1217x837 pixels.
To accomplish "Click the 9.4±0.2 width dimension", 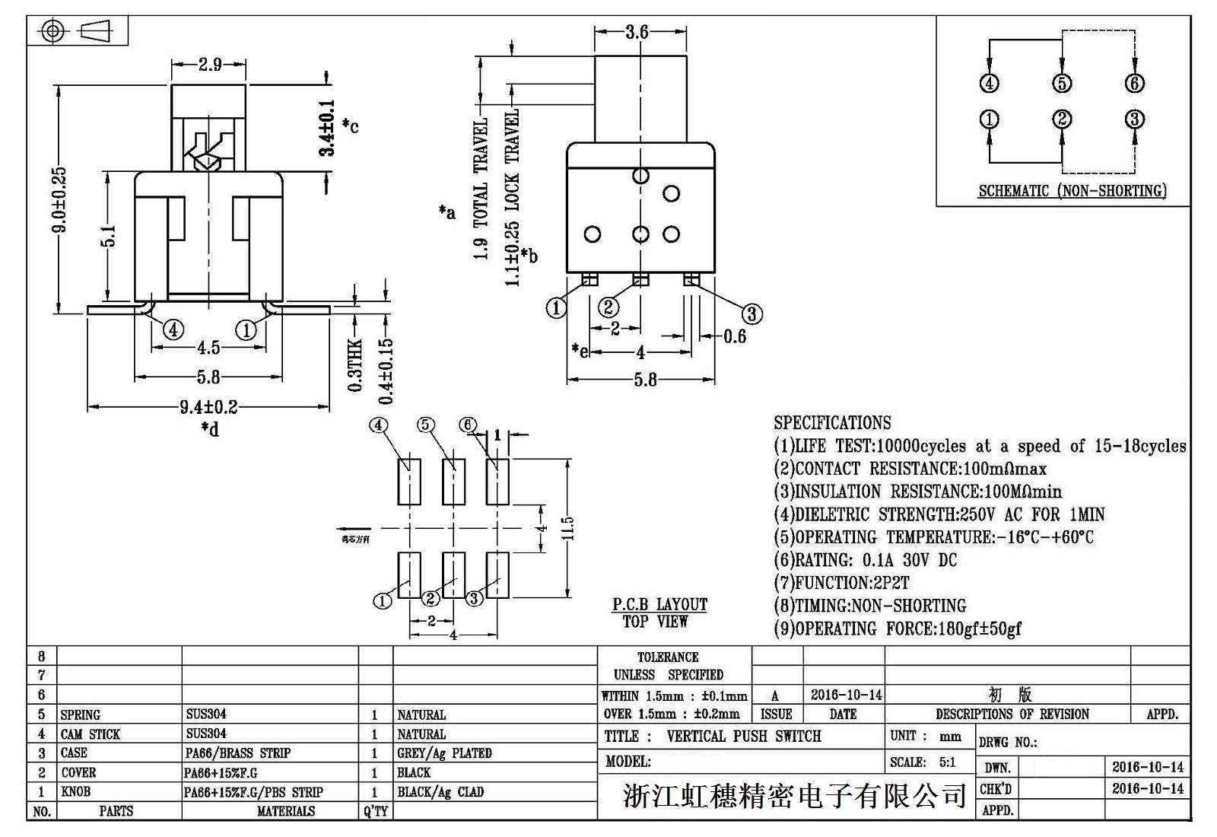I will (208, 407).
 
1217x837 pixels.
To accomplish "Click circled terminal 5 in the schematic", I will (1062, 83).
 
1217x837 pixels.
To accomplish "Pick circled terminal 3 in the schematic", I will (1134, 119).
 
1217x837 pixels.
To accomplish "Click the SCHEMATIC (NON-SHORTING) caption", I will (1072, 191).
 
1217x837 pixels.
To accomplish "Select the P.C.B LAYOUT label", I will (659, 605).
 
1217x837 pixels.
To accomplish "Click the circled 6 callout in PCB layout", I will (468, 425).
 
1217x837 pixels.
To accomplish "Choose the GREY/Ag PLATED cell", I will (444, 753).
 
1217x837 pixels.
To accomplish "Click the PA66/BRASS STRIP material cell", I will (238, 753).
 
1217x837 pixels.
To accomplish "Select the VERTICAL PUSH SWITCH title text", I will (743, 737).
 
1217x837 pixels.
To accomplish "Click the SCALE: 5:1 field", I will (922, 762).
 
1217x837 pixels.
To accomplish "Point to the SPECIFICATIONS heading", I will (832, 423).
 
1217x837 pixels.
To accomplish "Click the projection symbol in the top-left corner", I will (77, 31).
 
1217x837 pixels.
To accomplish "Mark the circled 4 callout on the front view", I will (173, 330).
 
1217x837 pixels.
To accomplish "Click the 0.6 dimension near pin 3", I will (734, 336).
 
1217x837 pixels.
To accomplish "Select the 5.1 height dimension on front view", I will (108, 236).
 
